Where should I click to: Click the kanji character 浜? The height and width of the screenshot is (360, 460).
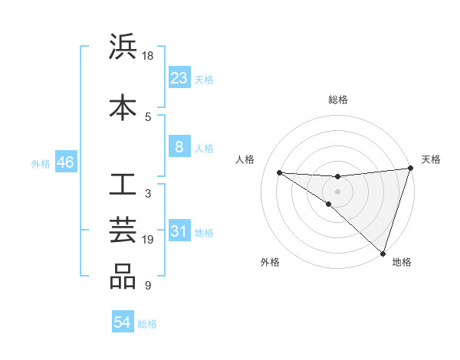click(x=123, y=47)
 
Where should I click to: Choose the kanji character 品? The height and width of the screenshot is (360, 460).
click(x=123, y=277)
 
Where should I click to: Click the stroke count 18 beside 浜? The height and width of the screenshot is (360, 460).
click(x=148, y=56)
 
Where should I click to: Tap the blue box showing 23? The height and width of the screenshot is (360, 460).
click(x=179, y=77)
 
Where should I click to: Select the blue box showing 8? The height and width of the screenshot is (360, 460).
click(x=179, y=147)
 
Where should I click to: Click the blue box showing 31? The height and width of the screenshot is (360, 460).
click(x=179, y=231)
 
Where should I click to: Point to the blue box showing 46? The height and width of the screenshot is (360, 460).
click(x=65, y=162)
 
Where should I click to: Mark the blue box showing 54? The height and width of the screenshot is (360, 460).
click(x=122, y=323)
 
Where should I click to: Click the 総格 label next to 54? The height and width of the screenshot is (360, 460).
click(x=147, y=324)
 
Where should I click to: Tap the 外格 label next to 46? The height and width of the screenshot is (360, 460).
click(x=41, y=163)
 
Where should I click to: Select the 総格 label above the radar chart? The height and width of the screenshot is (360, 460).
click(x=337, y=100)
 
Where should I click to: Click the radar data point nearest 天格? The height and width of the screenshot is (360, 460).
click(x=410, y=169)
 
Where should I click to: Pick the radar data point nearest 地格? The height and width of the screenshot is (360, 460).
click(x=382, y=253)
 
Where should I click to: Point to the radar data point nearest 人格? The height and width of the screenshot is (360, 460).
click(x=279, y=172)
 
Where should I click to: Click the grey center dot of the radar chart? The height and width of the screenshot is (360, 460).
click(x=337, y=191)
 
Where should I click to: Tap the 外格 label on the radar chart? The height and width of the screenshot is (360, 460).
click(x=269, y=262)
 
